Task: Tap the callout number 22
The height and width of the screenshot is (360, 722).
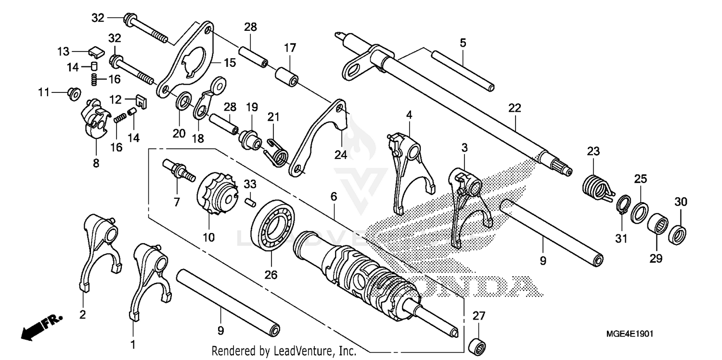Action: (514, 108)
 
